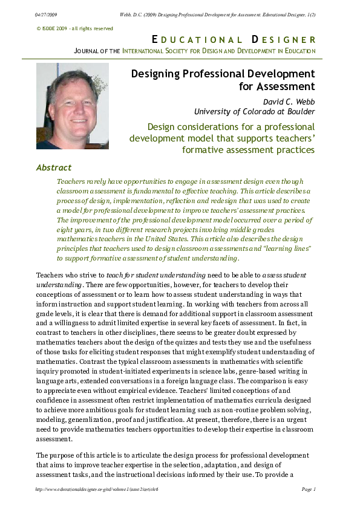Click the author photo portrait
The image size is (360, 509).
(x=72, y=106)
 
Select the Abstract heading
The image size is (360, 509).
(x=54, y=167)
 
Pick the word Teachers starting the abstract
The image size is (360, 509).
(x=70, y=181)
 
